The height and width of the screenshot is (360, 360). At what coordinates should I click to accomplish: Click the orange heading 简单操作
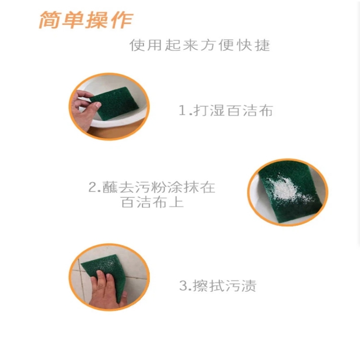85,21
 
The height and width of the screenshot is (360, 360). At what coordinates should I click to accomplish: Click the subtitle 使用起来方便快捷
200,45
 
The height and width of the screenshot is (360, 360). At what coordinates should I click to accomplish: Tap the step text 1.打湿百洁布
225,111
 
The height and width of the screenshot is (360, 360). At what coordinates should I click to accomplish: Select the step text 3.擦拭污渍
218,286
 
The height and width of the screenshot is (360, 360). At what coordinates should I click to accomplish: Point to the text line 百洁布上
152,202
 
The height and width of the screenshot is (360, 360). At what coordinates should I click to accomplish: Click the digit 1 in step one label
182,111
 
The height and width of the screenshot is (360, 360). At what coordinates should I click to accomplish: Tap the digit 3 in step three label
183,286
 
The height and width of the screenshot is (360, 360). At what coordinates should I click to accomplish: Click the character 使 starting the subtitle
137,45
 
